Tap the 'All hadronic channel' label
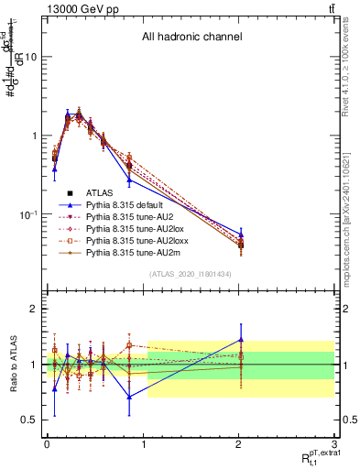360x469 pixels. tap(191, 38)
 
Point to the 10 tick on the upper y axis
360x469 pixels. tap(30, 57)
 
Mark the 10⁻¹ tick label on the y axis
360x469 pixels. tap(27, 214)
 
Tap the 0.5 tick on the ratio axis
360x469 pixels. tap(29, 420)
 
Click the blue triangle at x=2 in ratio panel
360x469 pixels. tap(241, 339)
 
